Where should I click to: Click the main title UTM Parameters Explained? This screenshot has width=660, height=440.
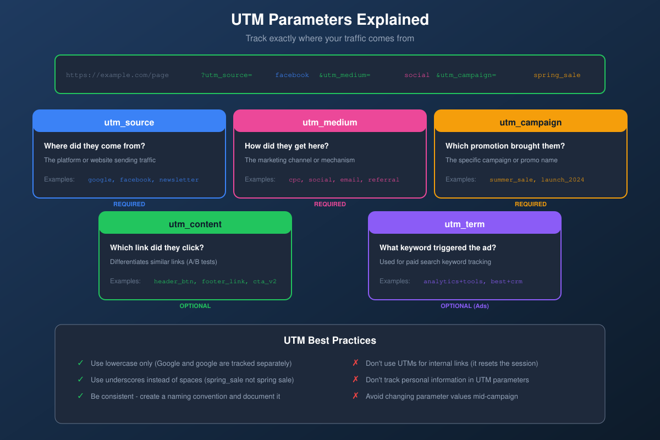point(330,20)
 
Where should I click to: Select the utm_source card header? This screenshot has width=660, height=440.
point(129,122)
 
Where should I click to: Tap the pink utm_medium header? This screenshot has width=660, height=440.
point(330,122)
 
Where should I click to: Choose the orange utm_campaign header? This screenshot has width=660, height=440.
point(531,122)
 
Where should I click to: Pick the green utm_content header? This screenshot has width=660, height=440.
point(195,224)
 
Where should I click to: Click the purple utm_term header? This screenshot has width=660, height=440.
point(465,224)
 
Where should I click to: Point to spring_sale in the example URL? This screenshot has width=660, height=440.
point(557,75)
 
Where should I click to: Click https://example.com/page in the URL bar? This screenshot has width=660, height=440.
point(117,75)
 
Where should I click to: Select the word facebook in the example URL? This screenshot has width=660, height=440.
point(292,75)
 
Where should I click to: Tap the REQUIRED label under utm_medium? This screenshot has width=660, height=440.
point(330,204)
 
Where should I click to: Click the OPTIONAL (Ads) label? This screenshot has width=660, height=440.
point(465,306)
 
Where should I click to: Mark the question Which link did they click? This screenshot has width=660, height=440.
point(157,248)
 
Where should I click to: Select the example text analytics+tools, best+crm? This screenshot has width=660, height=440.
point(473,282)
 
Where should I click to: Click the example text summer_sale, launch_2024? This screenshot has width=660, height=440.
point(537,180)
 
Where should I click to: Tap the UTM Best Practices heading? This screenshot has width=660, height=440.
point(330,340)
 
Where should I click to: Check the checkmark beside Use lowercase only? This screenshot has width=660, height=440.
point(80,364)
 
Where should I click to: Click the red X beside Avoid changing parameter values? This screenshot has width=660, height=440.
point(355,396)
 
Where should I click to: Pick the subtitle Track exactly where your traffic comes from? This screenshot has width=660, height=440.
point(330,38)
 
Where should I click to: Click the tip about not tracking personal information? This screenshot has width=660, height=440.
point(447,380)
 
